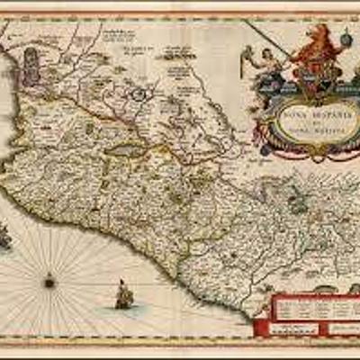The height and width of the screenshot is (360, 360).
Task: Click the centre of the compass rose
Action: pyautogui.click(x=49, y=282)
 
